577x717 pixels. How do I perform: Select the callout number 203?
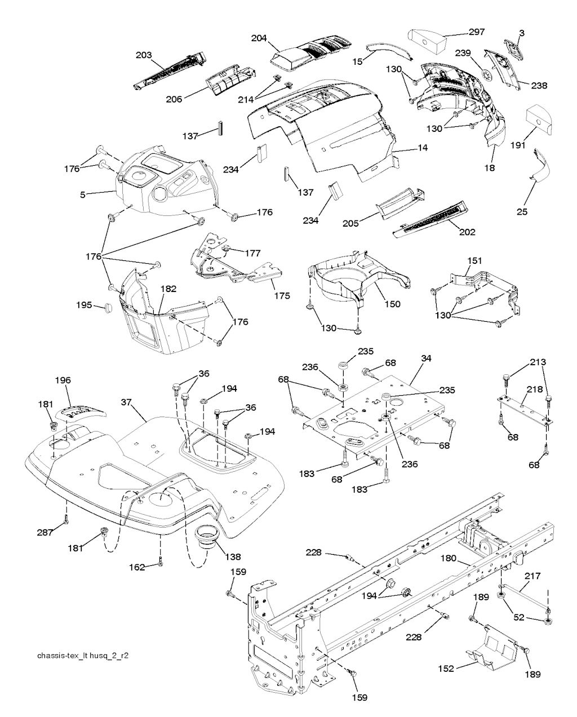click(144, 55)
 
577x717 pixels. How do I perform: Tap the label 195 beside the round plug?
click(85, 305)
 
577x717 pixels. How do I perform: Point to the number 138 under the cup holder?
click(232, 556)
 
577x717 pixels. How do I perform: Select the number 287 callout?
click(45, 532)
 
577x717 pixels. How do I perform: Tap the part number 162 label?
click(137, 566)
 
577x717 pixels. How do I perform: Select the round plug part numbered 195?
click(106, 308)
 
